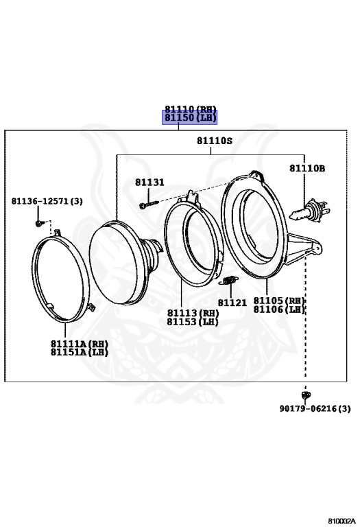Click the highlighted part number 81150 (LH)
click(190, 117)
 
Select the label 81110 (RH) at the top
click(191, 108)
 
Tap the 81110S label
click(214, 141)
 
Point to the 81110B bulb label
click(307, 168)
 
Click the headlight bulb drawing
click(309, 211)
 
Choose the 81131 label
click(149, 182)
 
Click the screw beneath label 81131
click(149, 204)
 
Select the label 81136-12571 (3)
click(47, 201)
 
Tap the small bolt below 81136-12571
click(40, 223)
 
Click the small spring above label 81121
click(229, 280)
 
